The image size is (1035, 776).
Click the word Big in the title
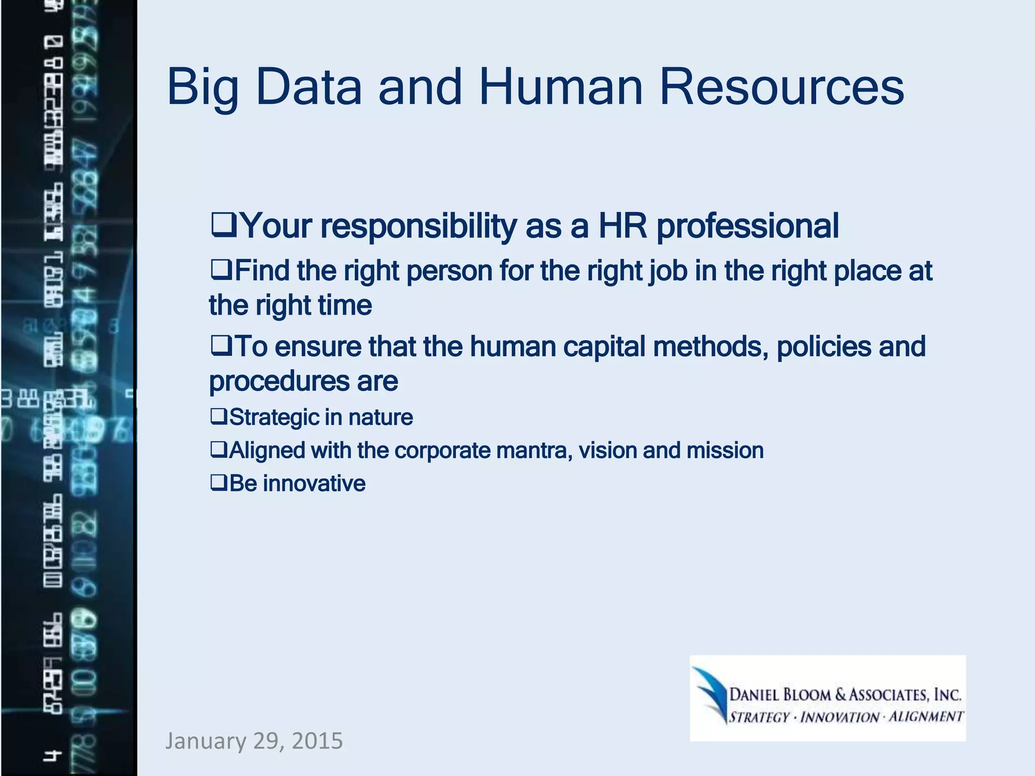tap(202, 88)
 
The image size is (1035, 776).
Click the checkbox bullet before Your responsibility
tap(224, 225)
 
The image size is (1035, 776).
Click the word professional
tap(747, 226)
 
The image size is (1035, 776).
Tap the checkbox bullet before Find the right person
tap(221, 270)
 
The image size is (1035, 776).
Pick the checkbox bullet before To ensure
tap(221, 346)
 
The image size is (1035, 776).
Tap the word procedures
tap(279, 382)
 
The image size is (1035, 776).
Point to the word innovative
tap(314, 483)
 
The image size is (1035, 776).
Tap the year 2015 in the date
tap(317, 741)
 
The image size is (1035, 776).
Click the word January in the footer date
tap(205, 741)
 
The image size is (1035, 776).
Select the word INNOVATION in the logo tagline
tap(839, 717)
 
